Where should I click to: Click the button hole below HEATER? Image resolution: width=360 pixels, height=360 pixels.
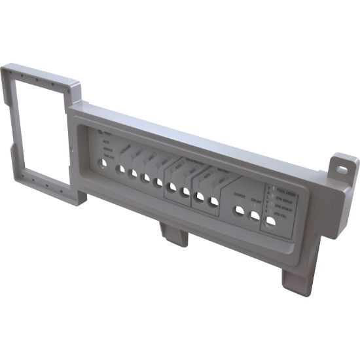coord(240,211)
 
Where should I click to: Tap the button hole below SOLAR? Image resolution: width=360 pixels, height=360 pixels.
coord(254,216)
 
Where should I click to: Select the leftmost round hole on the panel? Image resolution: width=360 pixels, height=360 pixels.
coord(101,163)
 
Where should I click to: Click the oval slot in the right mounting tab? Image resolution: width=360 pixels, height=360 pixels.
coord(342,168)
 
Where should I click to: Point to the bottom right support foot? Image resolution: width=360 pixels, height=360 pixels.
coord(298,280)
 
